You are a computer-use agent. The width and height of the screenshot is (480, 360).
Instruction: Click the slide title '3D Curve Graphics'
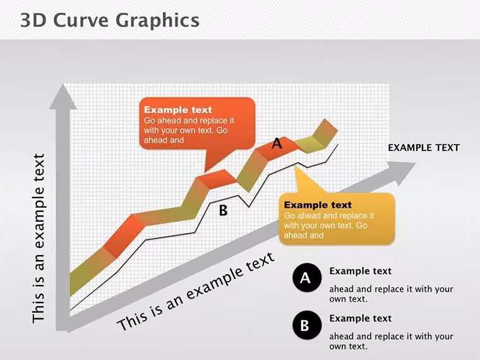[x=110, y=21]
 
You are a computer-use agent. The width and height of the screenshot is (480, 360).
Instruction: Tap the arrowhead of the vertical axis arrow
[x=63, y=97]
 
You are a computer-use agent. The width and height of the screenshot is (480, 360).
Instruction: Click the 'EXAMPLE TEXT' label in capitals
[x=424, y=148]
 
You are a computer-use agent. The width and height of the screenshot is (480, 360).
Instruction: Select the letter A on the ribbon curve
[x=277, y=143]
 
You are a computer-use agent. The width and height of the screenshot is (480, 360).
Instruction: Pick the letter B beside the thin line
[x=223, y=210]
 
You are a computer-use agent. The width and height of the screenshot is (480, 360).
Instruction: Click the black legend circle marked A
[x=307, y=278]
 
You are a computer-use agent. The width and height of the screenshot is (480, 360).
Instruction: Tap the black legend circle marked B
[x=307, y=325]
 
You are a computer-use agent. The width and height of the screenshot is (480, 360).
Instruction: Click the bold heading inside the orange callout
[x=178, y=110]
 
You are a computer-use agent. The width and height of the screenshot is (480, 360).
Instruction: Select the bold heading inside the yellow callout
[x=318, y=205]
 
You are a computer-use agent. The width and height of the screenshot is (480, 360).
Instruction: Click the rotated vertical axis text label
[x=39, y=238]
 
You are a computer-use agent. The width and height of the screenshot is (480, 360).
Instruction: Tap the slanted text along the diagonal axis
[x=196, y=292]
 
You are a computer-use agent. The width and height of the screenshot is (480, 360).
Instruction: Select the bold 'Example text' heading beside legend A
[x=360, y=271]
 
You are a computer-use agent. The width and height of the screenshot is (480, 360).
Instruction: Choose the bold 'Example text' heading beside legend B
[x=360, y=318]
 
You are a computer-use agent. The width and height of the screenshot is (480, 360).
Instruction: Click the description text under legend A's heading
[x=391, y=294]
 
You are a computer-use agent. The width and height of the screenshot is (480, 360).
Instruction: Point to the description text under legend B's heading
[x=391, y=341]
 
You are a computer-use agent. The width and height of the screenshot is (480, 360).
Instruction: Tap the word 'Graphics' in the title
[x=158, y=21]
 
